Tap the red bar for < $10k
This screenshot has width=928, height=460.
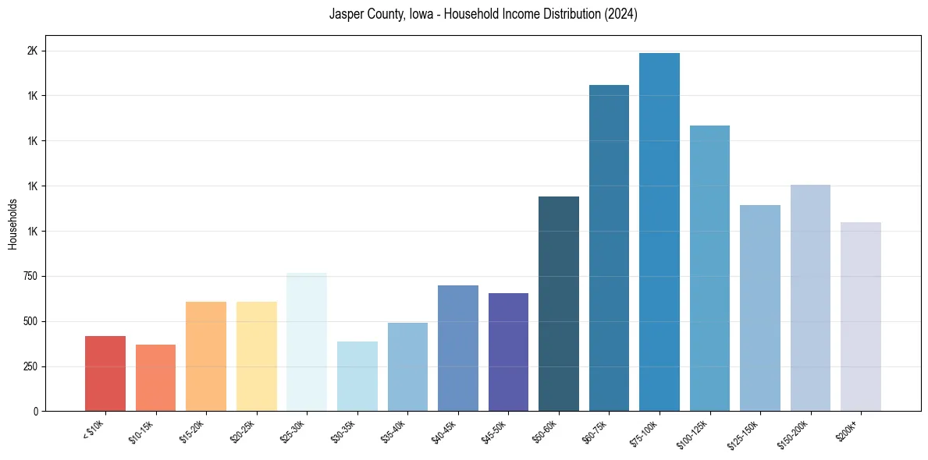[105, 373]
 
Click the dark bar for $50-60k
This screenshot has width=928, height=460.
[559, 304]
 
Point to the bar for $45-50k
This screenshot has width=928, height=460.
[508, 352]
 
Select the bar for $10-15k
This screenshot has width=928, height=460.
[155, 378]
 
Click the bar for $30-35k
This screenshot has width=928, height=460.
[357, 376]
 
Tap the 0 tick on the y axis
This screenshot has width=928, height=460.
[37, 411]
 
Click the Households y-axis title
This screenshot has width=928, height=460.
[12, 224]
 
